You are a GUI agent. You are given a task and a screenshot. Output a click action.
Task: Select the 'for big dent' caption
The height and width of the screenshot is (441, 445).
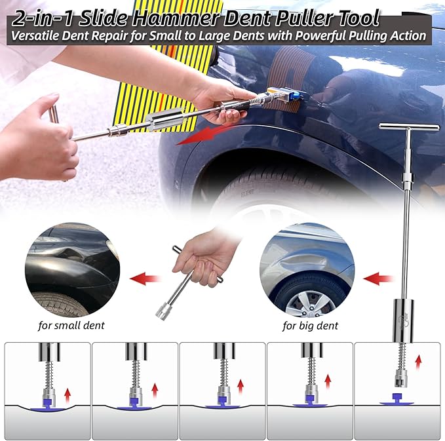point(310,325)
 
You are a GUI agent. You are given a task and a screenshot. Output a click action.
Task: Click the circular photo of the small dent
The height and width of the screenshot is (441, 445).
point(72,269)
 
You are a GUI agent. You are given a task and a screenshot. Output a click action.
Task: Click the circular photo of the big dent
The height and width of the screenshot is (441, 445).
point(307,270)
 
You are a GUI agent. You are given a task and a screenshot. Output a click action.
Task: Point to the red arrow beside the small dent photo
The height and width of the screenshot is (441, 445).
point(146,279)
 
